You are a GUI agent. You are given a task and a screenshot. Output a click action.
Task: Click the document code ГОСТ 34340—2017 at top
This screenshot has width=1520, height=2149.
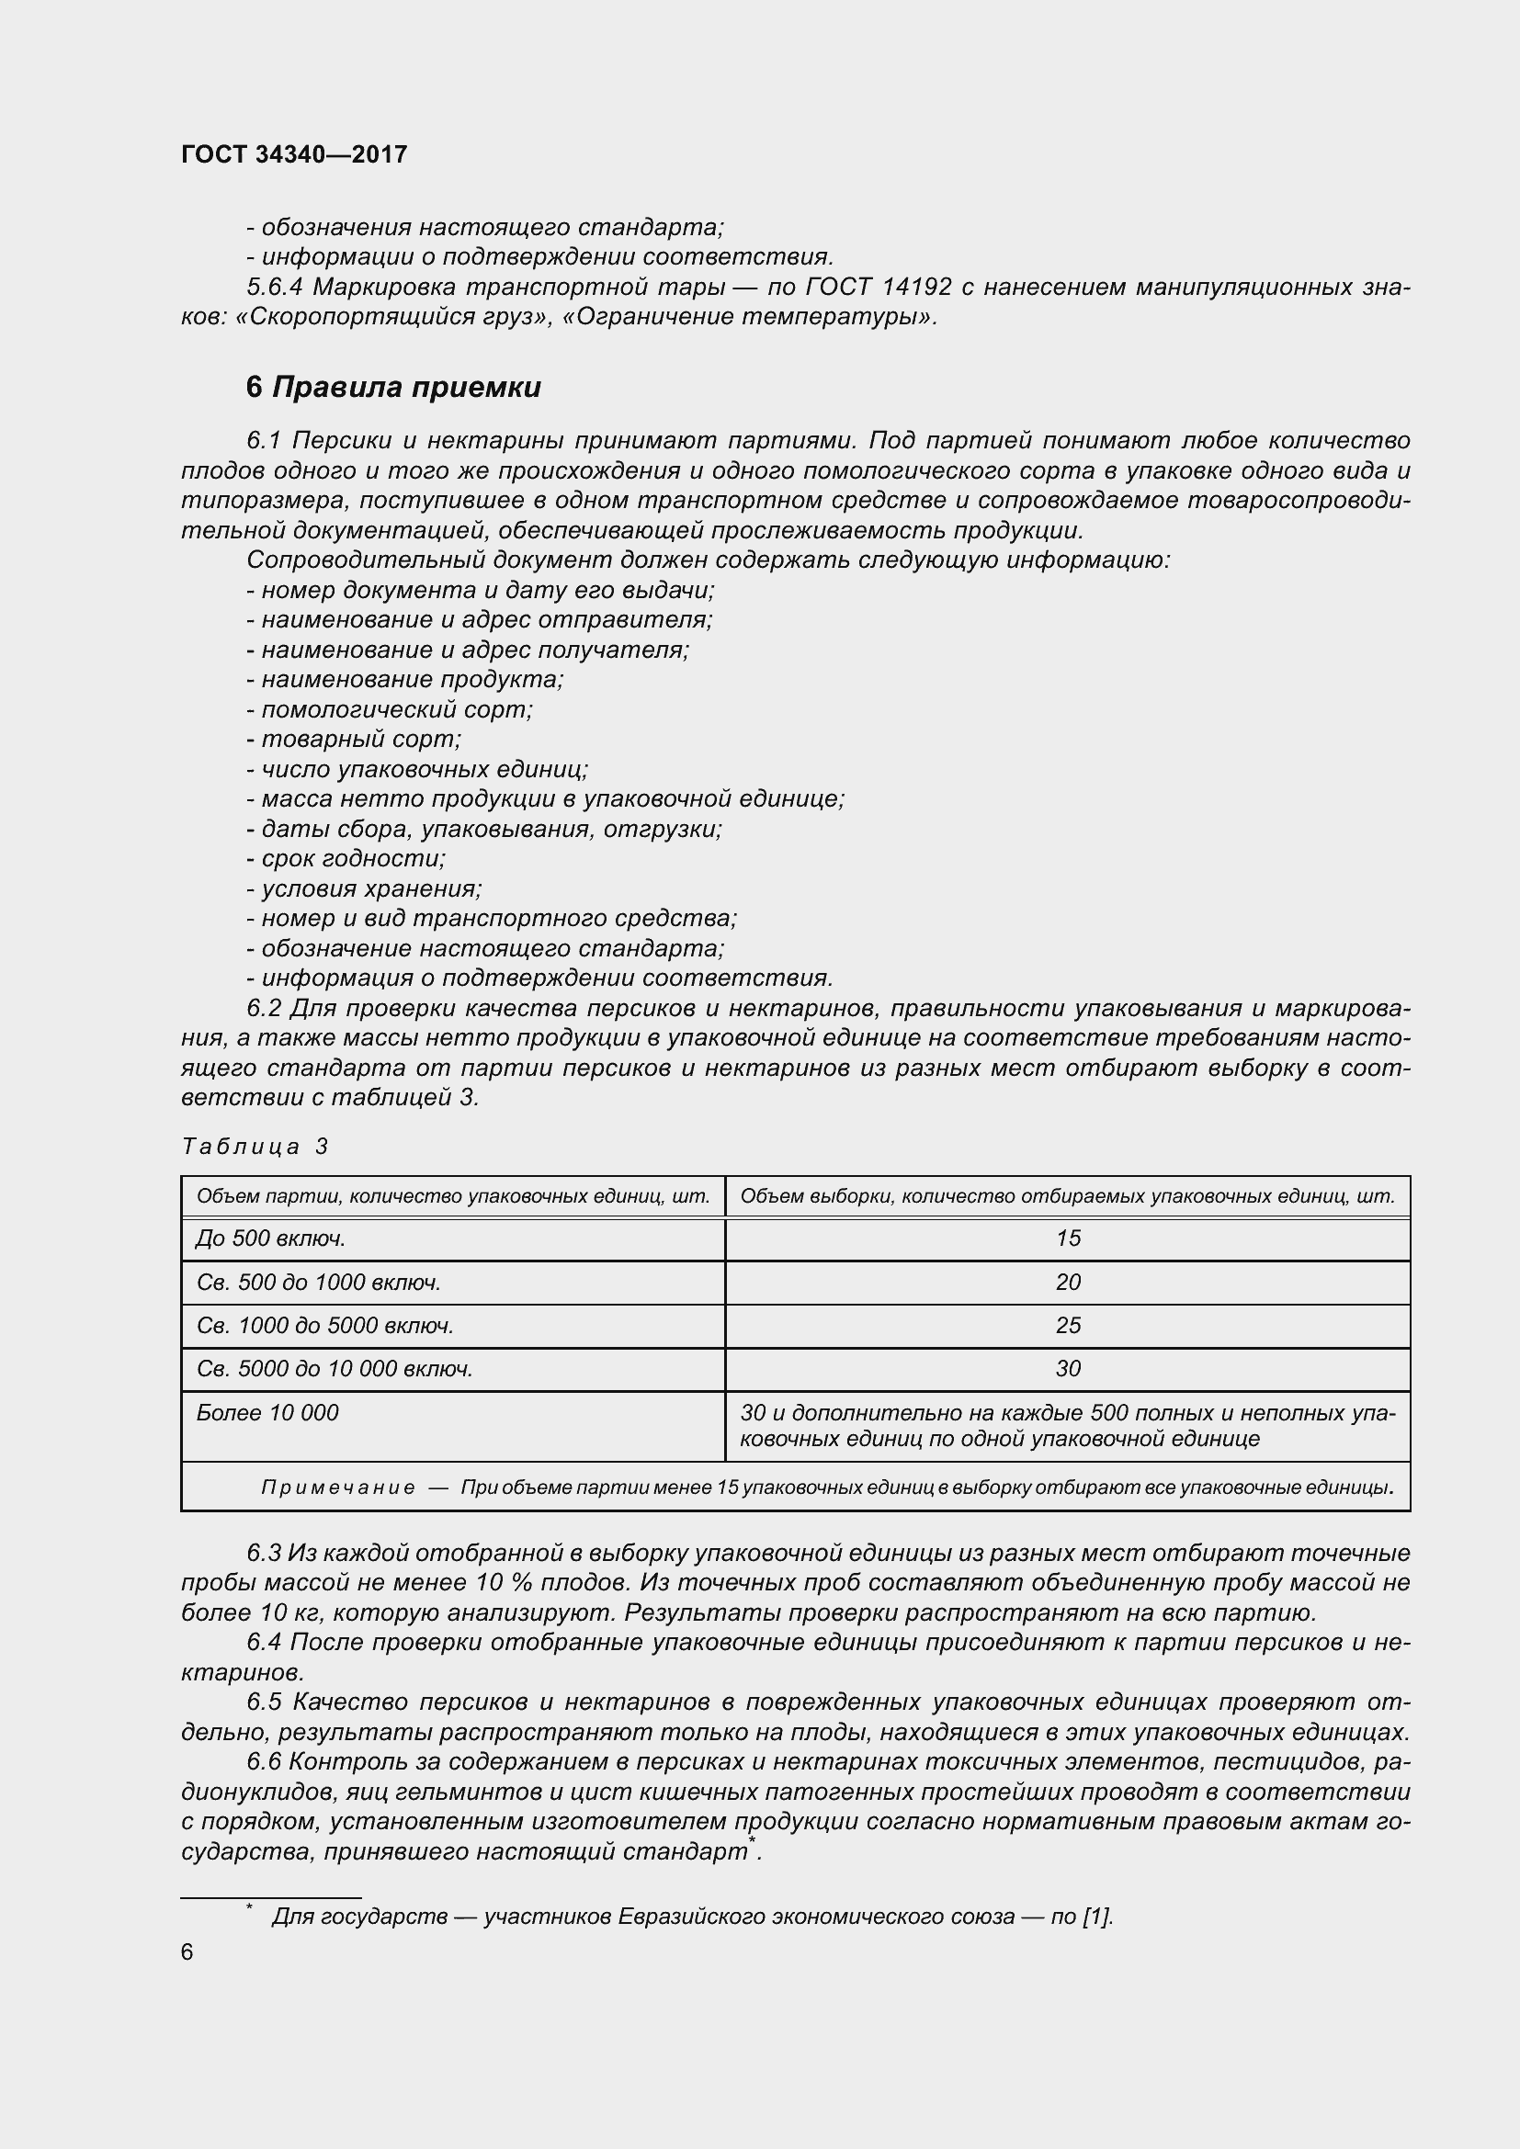click(294, 154)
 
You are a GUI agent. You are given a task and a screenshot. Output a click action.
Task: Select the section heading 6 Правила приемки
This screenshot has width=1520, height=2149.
click(393, 387)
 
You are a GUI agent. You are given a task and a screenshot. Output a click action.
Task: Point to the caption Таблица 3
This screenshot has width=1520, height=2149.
click(255, 1147)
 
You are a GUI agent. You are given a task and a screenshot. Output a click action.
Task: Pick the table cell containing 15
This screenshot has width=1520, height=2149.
click(1068, 1239)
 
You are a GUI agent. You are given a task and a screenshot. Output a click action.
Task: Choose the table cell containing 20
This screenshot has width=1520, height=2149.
click(1068, 1283)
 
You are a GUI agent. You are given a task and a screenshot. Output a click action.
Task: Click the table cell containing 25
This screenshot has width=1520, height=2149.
click(1068, 1326)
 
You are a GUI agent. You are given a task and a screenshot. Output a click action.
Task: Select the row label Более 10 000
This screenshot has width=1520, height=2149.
click(267, 1412)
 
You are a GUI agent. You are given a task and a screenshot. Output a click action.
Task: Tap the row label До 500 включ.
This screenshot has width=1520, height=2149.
click(271, 1239)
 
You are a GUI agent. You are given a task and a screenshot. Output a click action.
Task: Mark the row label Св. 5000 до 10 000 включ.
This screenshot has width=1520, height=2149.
click(335, 1368)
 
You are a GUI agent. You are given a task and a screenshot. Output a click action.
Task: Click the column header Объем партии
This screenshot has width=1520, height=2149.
click(453, 1196)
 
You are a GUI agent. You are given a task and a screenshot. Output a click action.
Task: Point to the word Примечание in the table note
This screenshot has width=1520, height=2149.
click(338, 1488)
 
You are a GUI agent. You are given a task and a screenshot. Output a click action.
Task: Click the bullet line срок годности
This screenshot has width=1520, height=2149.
click(346, 858)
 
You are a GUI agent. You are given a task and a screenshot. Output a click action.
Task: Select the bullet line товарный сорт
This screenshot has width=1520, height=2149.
click(354, 740)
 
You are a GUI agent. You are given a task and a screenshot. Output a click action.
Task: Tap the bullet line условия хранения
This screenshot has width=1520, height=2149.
click(364, 888)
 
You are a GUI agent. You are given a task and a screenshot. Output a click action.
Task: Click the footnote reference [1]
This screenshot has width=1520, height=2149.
click(1097, 1916)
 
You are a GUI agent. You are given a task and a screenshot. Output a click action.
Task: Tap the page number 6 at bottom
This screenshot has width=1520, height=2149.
click(187, 1951)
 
